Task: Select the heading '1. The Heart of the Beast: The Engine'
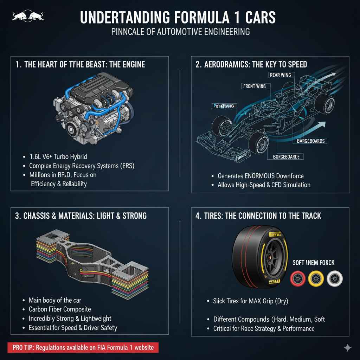tap(80, 64)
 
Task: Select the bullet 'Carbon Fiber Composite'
tap(60, 309)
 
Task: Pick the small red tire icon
tap(297, 279)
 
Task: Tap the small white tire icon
tap(334, 279)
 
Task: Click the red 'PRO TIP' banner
tap(83, 347)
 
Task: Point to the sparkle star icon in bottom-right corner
tap(347, 348)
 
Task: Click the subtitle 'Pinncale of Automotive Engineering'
tap(180, 32)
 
